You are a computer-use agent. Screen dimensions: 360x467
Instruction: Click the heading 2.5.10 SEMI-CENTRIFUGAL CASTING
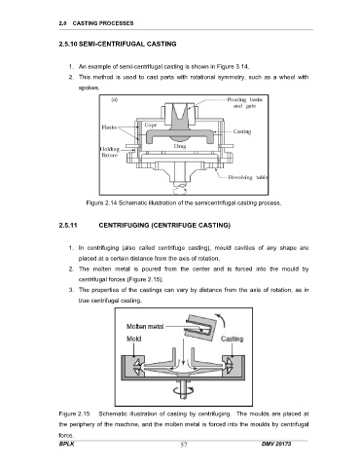tap(118, 44)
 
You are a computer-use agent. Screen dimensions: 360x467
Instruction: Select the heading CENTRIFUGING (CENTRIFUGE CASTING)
tap(164, 226)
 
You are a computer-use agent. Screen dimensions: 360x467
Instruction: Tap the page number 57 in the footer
tap(184, 445)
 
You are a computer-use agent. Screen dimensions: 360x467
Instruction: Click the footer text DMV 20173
tap(276, 444)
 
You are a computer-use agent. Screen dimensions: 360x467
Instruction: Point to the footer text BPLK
tap(66, 444)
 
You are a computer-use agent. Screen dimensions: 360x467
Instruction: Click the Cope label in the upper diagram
tap(151, 125)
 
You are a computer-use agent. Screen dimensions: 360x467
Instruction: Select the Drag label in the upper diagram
tap(179, 146)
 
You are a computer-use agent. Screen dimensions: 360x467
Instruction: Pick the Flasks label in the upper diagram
tap(109, 127)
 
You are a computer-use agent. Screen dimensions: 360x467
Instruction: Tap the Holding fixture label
tap(110, 152)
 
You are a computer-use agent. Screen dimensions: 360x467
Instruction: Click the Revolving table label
tap(248, 177)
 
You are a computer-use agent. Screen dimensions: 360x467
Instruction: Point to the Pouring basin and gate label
tap(244, 103)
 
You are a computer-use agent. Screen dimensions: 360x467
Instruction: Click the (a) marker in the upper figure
tap(114, 99)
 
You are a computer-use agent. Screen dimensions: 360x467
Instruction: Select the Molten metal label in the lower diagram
tap(145, 326)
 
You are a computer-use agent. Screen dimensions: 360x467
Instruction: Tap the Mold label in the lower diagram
tap(133, 339)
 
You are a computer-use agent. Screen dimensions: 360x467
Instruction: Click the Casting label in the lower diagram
tap(232, 339)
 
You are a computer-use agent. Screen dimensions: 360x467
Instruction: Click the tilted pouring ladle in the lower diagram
tap(199, 327)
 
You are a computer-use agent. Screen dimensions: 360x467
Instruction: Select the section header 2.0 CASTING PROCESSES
tap(96, 23)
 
